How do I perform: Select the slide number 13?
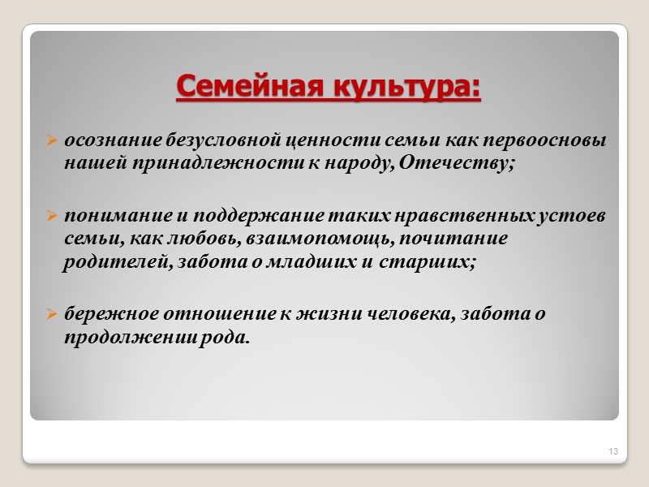612,450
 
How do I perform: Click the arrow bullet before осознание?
51,141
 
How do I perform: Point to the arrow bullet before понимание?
51,218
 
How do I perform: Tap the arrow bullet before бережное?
51,313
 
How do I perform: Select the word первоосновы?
551,140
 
